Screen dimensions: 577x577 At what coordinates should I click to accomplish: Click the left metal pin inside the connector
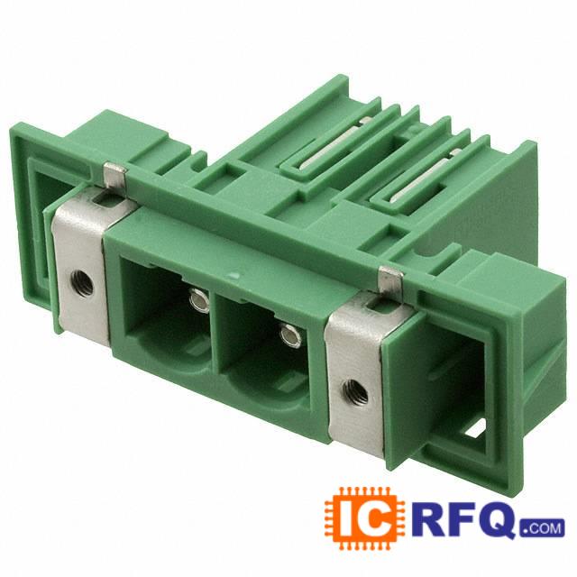[199, 298]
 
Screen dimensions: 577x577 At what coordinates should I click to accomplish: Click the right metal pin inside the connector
[290, 334]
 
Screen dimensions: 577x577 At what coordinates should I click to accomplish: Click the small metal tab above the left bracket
[114, 175]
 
